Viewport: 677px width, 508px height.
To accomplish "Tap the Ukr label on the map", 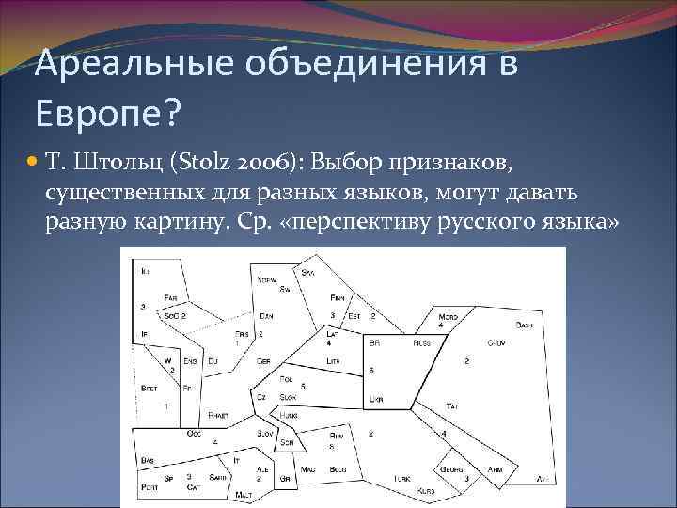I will pos(376,399).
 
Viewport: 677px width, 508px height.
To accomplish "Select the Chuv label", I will pos(496,344).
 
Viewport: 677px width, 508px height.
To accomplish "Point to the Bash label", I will pos(524,325).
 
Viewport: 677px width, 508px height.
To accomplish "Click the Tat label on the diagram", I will pos(452,405).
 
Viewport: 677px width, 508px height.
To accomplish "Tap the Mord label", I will pos(449,317).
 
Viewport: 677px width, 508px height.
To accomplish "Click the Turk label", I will pos(402,478).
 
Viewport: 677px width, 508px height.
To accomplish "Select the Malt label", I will pos(244,494).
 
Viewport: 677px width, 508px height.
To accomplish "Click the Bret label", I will pos(149,388).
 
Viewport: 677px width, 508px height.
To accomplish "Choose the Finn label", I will pos(338,297).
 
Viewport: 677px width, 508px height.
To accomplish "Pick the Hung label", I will pos(288,414).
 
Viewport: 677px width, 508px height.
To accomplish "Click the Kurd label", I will pos(426,491).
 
